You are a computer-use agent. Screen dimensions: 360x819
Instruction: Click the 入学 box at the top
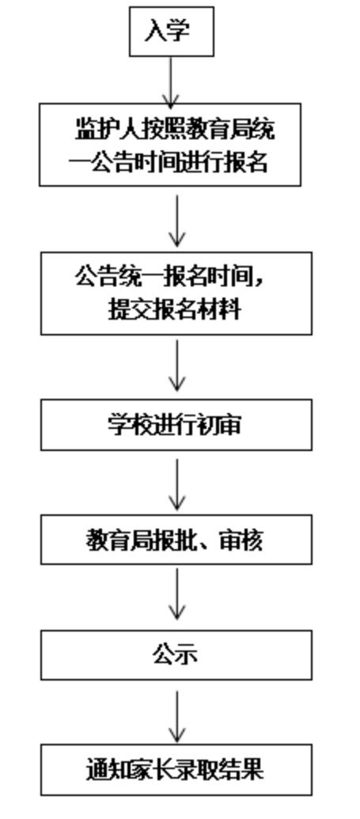tap(172, 32)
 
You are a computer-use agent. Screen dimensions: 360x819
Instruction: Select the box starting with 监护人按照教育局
tap(170, 145)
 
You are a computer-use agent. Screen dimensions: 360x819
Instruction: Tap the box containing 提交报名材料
tap(176, 294)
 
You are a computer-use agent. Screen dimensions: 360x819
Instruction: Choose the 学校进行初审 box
tap(176, 425)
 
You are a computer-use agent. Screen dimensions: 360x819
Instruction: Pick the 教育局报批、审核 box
tap(176, 540)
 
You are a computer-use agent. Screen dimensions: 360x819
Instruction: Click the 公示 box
tap(176, 655)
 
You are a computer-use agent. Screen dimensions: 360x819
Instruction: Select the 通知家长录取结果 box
tap(176, 770)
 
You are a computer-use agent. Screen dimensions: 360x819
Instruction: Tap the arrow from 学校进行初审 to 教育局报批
tap(176, 484)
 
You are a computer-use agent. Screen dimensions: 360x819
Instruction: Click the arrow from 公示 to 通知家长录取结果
tap(176, 716)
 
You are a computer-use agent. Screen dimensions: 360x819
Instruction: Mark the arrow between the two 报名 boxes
tap(176, 221)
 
